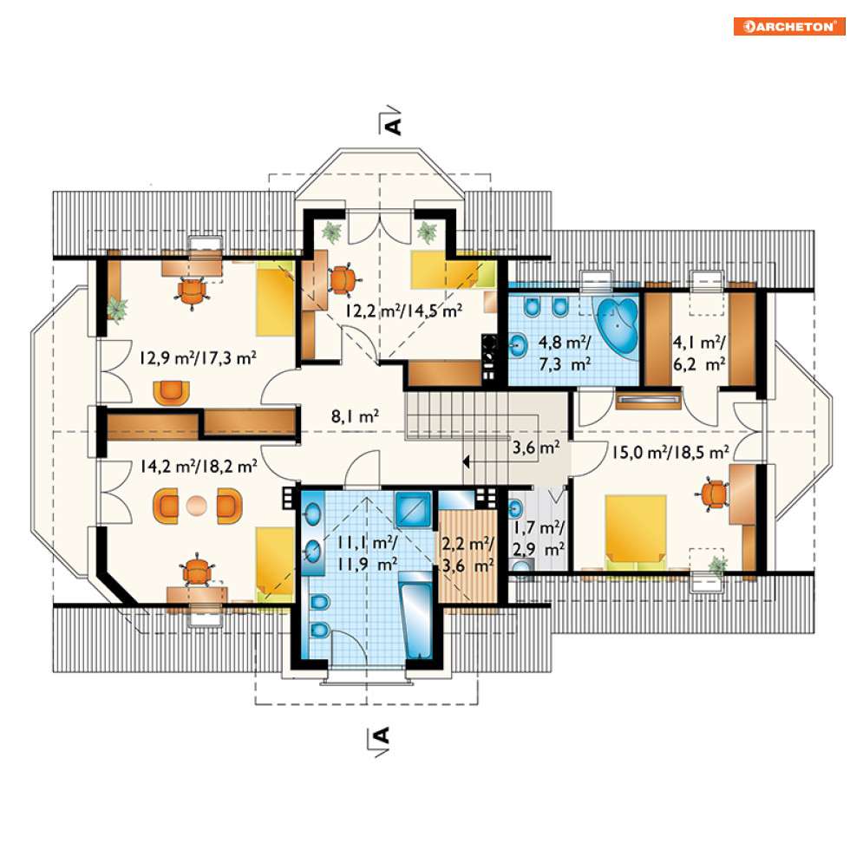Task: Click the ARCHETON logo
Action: (x=789, y=26)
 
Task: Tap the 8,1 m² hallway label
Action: (x=355, y=416)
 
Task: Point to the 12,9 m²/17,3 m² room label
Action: (x=198, y=358)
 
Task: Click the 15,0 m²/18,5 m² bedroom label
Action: (x=671, y=453)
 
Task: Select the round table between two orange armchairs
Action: (x=196, y=506)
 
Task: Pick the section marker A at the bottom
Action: (x=379, y=742)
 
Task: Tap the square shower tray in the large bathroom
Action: (x=413, y=510)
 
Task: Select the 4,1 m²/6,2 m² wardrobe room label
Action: (x=699, y=353)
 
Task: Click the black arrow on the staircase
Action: (x=467, y=461)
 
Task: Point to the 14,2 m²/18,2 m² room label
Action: (x=198, y=467)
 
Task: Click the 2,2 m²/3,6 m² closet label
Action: (x=467, y=554)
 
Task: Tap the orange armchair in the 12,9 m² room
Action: (x=171, y=392)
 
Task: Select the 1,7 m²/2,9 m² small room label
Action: (x=539, y=539)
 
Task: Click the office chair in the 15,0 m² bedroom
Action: (x=714, y=494)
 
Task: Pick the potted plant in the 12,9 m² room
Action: (x=117, y=308)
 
